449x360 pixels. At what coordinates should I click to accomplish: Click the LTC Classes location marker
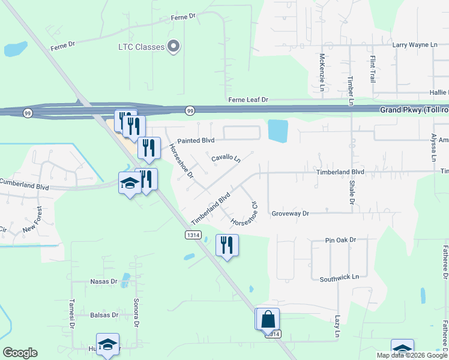pos(174,46)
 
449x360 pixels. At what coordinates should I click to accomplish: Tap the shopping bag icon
pos(270,319)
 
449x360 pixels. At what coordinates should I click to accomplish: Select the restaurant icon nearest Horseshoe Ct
pos(227,245)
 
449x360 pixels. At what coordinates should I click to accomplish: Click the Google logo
pos(20,353)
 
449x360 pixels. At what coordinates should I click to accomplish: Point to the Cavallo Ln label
pos(226,158)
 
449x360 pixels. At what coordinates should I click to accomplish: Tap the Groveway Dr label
pos(289,213)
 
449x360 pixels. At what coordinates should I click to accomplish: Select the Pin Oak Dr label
pos(340,240)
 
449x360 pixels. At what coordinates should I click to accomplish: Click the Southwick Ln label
pos(339,278)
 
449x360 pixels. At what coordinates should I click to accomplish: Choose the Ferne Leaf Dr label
pos(247,99)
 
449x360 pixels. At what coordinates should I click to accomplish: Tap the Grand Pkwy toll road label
pos(414,110)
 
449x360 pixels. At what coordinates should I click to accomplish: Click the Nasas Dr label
pos(104,281)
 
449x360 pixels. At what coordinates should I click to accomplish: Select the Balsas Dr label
pos(104,314)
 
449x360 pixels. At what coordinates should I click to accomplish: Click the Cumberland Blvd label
pos(24,182)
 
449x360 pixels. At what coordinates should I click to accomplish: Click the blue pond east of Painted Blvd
pos(277,131)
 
